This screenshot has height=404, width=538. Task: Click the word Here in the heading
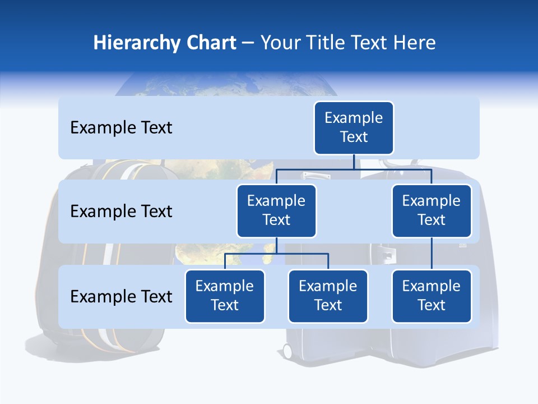(414, 43)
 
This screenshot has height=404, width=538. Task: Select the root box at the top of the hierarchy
(354, 127)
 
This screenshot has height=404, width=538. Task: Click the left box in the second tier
(276, 210)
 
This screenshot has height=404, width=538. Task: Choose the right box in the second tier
(432, 210)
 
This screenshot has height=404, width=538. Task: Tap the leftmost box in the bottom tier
(225, 296)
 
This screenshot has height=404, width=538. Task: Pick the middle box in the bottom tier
(328, 296)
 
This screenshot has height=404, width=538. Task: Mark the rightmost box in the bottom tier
(432, 296)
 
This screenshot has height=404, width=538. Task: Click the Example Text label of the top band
(121, 128)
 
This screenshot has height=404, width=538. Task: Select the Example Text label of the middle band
(121, 212)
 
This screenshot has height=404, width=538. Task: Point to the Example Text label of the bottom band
(121, 296)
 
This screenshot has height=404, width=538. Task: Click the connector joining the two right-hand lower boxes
(432, 254)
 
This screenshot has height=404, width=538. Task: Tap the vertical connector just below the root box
(354, 161)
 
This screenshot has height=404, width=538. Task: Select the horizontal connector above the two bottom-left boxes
(276, 254)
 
